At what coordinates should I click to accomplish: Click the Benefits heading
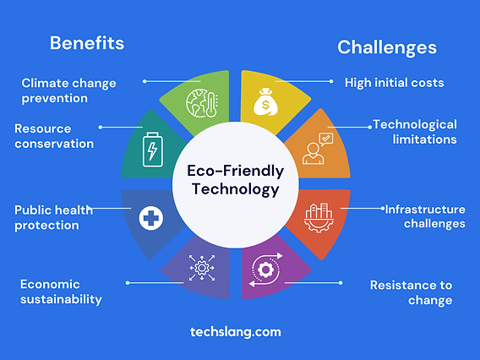coord(86,42)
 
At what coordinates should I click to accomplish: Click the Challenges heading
coord(387,46)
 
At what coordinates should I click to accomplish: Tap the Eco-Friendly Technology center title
coord(234,180)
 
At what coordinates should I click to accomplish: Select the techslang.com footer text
coord(236,332)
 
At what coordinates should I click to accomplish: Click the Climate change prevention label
coord(68,90)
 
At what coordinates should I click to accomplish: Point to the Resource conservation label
coord(54,136)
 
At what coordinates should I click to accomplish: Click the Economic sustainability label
coord(61,292)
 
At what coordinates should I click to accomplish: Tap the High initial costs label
coord(394,82)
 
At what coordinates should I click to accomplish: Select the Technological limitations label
coord(415,132)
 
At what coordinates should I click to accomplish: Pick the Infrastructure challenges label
coord(425,216)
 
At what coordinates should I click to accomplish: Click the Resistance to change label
coord(411,292)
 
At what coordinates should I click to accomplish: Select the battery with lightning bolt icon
coord(152,150)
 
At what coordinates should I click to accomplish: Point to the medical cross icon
coord(151,218)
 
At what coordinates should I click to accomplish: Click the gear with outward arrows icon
coord(203,269)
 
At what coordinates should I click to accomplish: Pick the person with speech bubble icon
coord(319,149)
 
